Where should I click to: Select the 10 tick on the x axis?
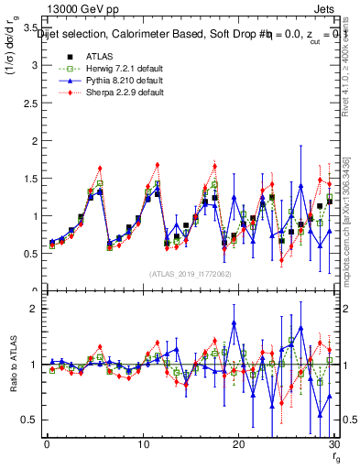(142, 444)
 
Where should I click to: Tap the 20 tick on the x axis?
(238, 444)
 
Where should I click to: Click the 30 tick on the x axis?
(333, 444)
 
